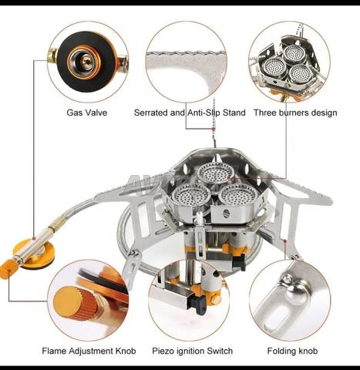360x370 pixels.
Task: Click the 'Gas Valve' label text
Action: pyautogui.click(x=86, y=113)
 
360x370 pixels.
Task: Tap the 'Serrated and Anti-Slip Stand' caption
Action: pyautogui.click(x=190, y=113)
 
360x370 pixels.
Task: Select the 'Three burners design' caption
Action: pyautogui.click(x=295, y=113)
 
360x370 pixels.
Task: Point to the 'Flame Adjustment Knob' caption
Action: pyautogui.click(x=89, y=351)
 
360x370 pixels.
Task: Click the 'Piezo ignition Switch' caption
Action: pyautogui.click(x=192, y=351)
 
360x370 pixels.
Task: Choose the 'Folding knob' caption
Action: pyautogui.click(x=292, y=351)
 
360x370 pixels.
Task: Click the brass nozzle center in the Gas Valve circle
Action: pyautogui.click(x=86, y=61)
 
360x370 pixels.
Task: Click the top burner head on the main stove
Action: pyautogui.click(x=216, y=173)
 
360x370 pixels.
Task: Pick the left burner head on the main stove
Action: pyautogui.click(x=191, y=195)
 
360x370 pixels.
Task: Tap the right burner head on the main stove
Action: pyautogui.click(x=238, y=194)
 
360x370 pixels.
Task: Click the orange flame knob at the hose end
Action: pyautogui.click(x=8, y=268)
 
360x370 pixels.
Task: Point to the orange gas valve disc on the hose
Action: pyautogui.click(x=32, y=253)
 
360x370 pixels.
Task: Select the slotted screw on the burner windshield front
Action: pyautogui.click(x=226, y=213)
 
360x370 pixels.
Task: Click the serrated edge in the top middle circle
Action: pyautogui.click(x=186, y=54)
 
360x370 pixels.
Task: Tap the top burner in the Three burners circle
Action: pyautogui.click(x=294, y=54)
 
